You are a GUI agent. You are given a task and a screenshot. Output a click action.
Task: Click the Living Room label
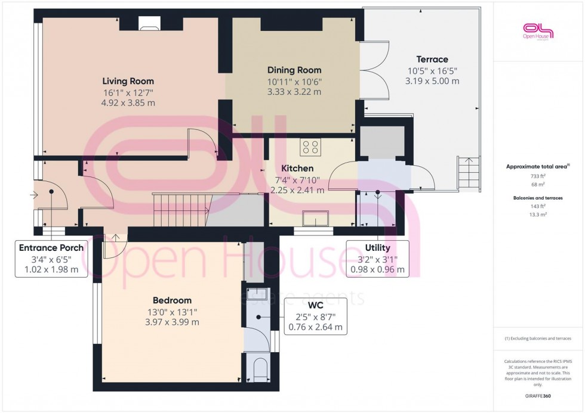(128, 81)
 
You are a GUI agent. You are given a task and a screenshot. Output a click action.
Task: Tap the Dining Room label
(294, 70)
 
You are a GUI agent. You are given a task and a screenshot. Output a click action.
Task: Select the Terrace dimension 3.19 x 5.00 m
(432, 81)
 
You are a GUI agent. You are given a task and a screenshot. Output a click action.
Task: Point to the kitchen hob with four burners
(310, 147)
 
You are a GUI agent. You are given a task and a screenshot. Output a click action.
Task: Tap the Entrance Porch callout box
(51, 259)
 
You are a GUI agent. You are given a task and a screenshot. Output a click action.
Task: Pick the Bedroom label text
(172, 300)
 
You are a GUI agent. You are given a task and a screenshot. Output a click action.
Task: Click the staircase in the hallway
(179, 210)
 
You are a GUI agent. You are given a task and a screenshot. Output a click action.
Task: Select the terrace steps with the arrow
(469, 172)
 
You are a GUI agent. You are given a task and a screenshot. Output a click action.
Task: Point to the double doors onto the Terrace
(374, 70)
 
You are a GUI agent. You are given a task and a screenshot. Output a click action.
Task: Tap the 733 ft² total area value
(538, 176)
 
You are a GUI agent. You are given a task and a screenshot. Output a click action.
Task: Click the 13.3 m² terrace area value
(538, 214)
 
